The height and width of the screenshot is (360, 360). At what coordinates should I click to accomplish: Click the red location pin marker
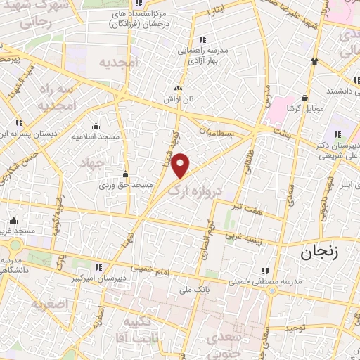click(182, 165)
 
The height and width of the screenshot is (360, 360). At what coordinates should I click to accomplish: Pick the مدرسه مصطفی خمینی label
click(266, 281)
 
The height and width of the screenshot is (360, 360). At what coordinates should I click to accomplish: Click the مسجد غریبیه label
click(20, 231)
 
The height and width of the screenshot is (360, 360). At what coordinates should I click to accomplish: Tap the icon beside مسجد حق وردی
click(125, 174)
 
